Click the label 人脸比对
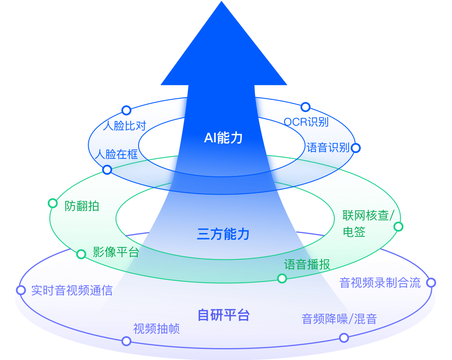[x=125, y=126]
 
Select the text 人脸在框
[x=116, y=154]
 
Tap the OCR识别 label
[x=306, y=122]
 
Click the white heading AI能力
[x=223, y=138]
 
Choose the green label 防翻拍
[x=82, y=206]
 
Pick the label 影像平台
[x=116, y=252]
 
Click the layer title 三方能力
[x=223, y=234]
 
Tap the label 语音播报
[x=307, y=265]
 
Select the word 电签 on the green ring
[x=354, y=232]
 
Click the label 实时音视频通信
[x=72, y=291]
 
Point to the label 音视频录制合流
[x=380, y=282]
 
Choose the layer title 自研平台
[x=223, y=315]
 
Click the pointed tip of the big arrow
[x=222, y=3]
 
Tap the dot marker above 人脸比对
[x=126, y=110]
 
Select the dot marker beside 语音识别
[x=355, y=148]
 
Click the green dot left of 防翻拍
[x=53, y=203]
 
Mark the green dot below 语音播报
[x=282, y=279]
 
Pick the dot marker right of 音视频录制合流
[x=431, y=282]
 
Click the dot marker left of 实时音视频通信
[x=21, y=290]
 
